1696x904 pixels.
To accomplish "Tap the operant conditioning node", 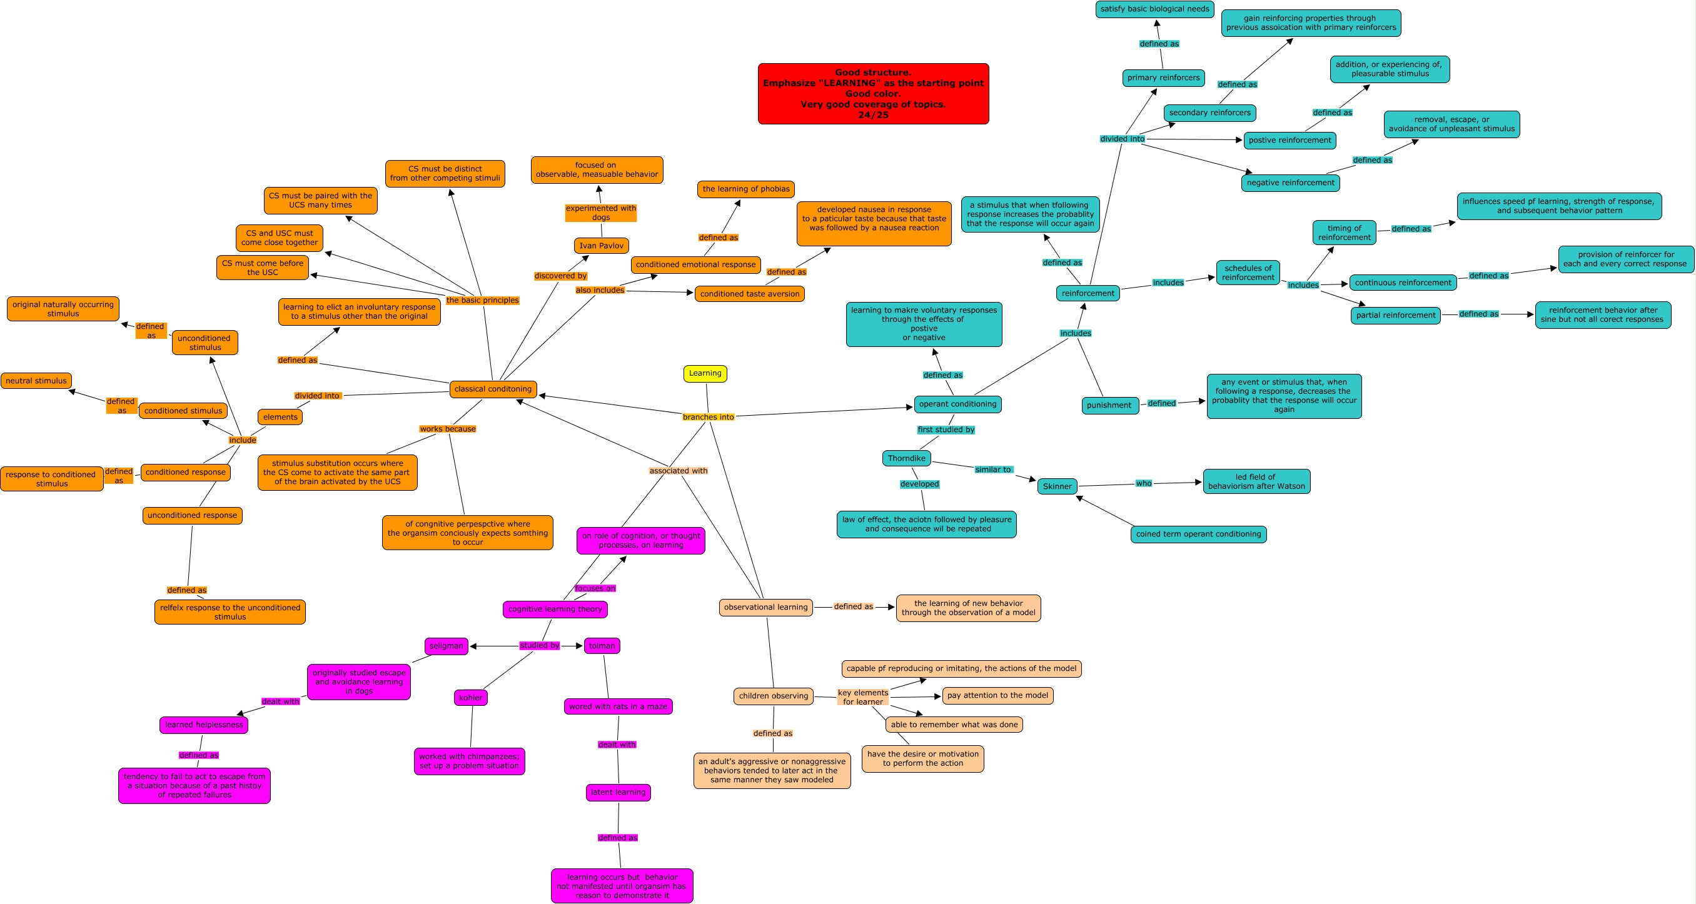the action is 957,404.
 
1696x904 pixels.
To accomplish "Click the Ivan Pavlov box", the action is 601,246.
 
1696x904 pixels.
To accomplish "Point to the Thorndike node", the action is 906,458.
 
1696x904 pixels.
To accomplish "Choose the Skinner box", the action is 1057,486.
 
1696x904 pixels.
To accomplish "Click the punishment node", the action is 1109,406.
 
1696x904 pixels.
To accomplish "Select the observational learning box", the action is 765,607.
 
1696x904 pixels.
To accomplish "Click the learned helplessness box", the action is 203,725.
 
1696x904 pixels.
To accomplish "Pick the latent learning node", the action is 618,792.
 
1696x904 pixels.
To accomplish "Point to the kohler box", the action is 470,698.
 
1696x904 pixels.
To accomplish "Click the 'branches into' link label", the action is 708,417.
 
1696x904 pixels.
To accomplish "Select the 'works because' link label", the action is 447,429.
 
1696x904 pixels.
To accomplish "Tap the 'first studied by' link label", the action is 946,430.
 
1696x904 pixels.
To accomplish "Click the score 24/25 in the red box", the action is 873,115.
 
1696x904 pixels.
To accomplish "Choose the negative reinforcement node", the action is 1290,183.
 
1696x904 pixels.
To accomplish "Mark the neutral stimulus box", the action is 36,381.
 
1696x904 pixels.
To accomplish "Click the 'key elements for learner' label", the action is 862,697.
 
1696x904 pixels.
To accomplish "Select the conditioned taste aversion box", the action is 749,294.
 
